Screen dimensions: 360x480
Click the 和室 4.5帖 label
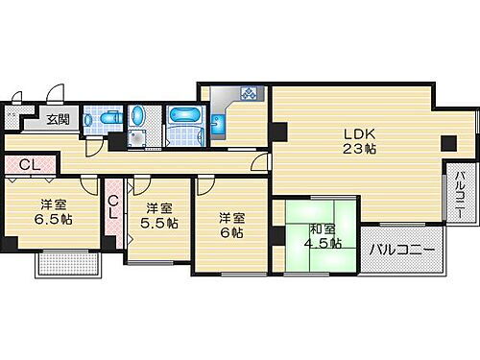coord(323,235)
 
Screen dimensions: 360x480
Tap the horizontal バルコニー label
coord(402,250)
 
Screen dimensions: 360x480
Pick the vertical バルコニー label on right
coord(460,195)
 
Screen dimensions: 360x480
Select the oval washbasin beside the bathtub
coord(138,118)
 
